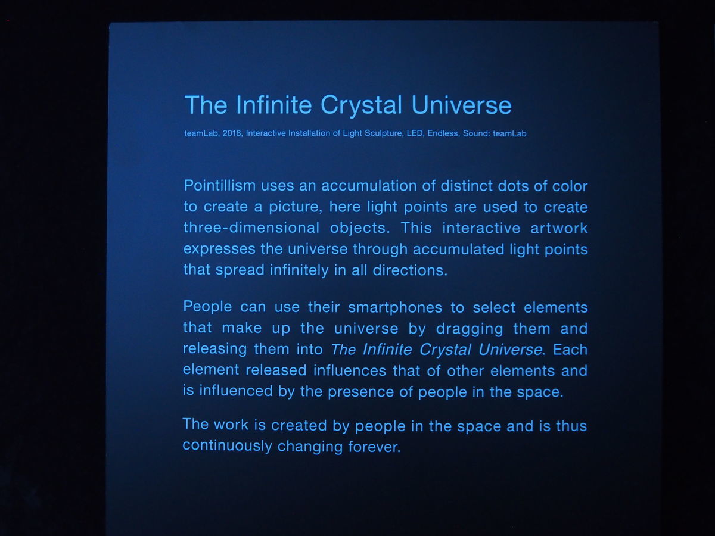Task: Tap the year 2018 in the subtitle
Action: (x=232, y=133)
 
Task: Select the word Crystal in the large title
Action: (x=361, y=105)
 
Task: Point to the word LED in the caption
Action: (x=415, y=133)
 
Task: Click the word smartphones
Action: (x=395, y=308)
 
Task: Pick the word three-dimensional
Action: (x=251, y=228)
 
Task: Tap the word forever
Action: (x=374, y=447)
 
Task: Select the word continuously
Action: (x=227, y=446)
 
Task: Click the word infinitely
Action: (x=299, y=271)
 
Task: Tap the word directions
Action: (x=410, y=271)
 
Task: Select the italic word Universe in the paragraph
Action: (x=510, y=350)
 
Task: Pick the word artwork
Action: (x=559, y=228)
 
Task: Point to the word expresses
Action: (x=219, y=250)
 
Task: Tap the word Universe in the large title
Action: (x=462, y=105)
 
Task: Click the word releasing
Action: (x=215, y=349)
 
